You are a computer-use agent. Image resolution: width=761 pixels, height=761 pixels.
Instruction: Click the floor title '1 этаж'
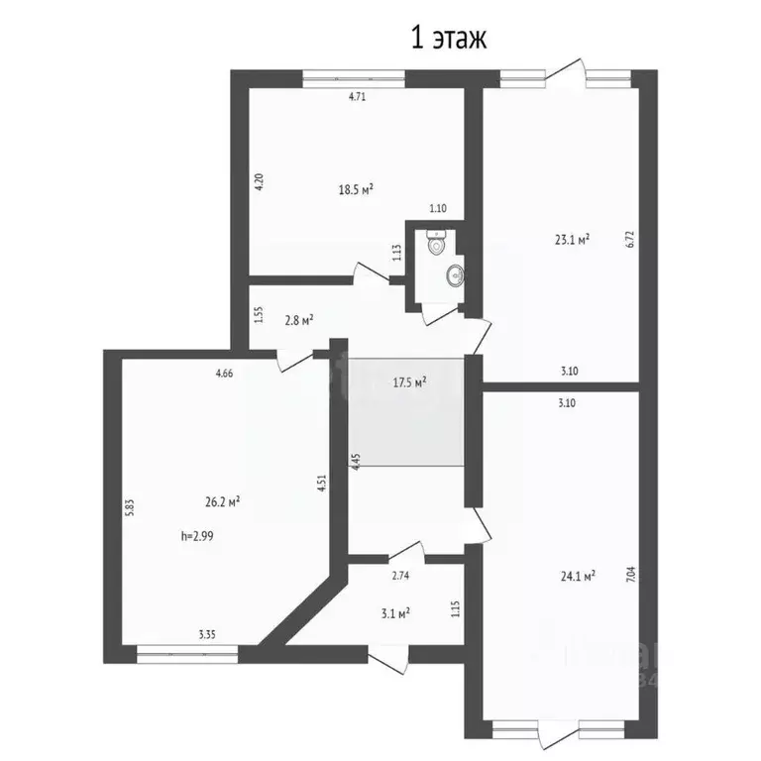tap(448, 40)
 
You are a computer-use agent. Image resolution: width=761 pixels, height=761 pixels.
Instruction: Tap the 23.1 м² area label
tap(572, 239)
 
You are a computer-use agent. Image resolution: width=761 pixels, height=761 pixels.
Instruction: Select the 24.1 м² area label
tap(576, 575)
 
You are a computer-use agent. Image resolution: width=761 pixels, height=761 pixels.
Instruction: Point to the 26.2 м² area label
tap(222, 502)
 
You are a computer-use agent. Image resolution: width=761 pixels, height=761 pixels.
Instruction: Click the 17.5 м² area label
tap(409, 381)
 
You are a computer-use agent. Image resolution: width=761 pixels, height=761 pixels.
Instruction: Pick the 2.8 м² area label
tap(298, 319)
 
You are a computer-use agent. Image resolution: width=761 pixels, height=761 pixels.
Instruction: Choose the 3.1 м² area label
tap(394, 613)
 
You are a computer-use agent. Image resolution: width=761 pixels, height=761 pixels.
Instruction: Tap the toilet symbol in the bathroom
tap(436, 241)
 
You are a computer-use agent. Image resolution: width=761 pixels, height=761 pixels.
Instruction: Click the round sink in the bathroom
tap(455, 274)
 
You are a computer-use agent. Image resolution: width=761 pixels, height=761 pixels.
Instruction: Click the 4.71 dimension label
tap(357, 97)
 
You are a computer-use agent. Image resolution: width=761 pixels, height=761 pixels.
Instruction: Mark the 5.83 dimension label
tap(129, 507)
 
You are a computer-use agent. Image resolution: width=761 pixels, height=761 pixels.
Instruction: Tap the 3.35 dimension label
tap(208, 635)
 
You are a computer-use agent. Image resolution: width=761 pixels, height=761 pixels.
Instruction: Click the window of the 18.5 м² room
tap(354, 74)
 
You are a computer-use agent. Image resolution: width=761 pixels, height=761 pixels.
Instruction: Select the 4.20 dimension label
tap(259, 183)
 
